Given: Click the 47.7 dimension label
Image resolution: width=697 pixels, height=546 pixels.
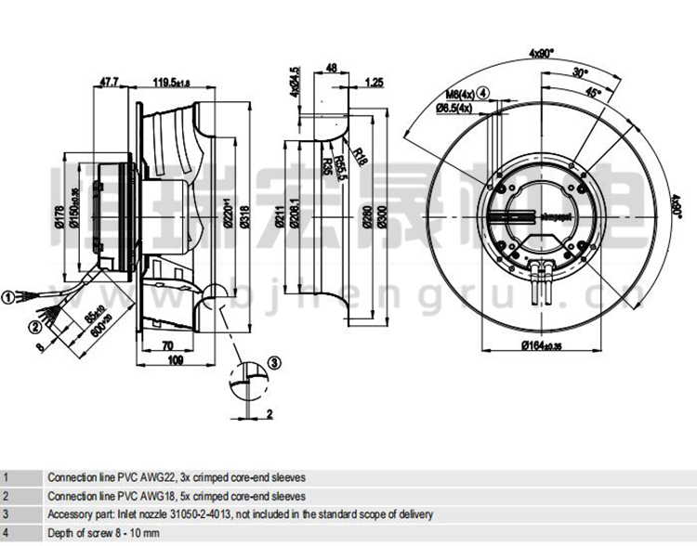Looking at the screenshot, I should tap(109, 82).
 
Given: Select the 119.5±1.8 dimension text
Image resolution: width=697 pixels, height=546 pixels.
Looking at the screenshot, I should tap(171, 82).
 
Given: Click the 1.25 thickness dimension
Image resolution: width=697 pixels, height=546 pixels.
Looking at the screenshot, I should tap(374, 82).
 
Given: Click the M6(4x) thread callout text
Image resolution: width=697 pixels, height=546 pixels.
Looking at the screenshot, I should tap(459, 94).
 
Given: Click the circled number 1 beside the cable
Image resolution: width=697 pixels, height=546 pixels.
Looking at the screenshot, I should tap(7, 297).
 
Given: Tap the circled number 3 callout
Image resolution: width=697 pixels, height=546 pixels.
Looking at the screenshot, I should tap(274, 361).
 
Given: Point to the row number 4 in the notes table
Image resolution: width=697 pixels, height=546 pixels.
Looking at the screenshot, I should tap(6, 532).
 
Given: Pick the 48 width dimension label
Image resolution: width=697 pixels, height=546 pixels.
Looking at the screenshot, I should tap(331, 67).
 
